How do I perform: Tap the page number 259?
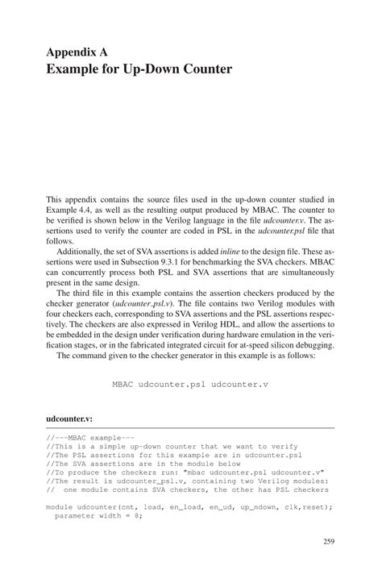[328, 541]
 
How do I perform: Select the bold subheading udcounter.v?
[69, 420]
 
